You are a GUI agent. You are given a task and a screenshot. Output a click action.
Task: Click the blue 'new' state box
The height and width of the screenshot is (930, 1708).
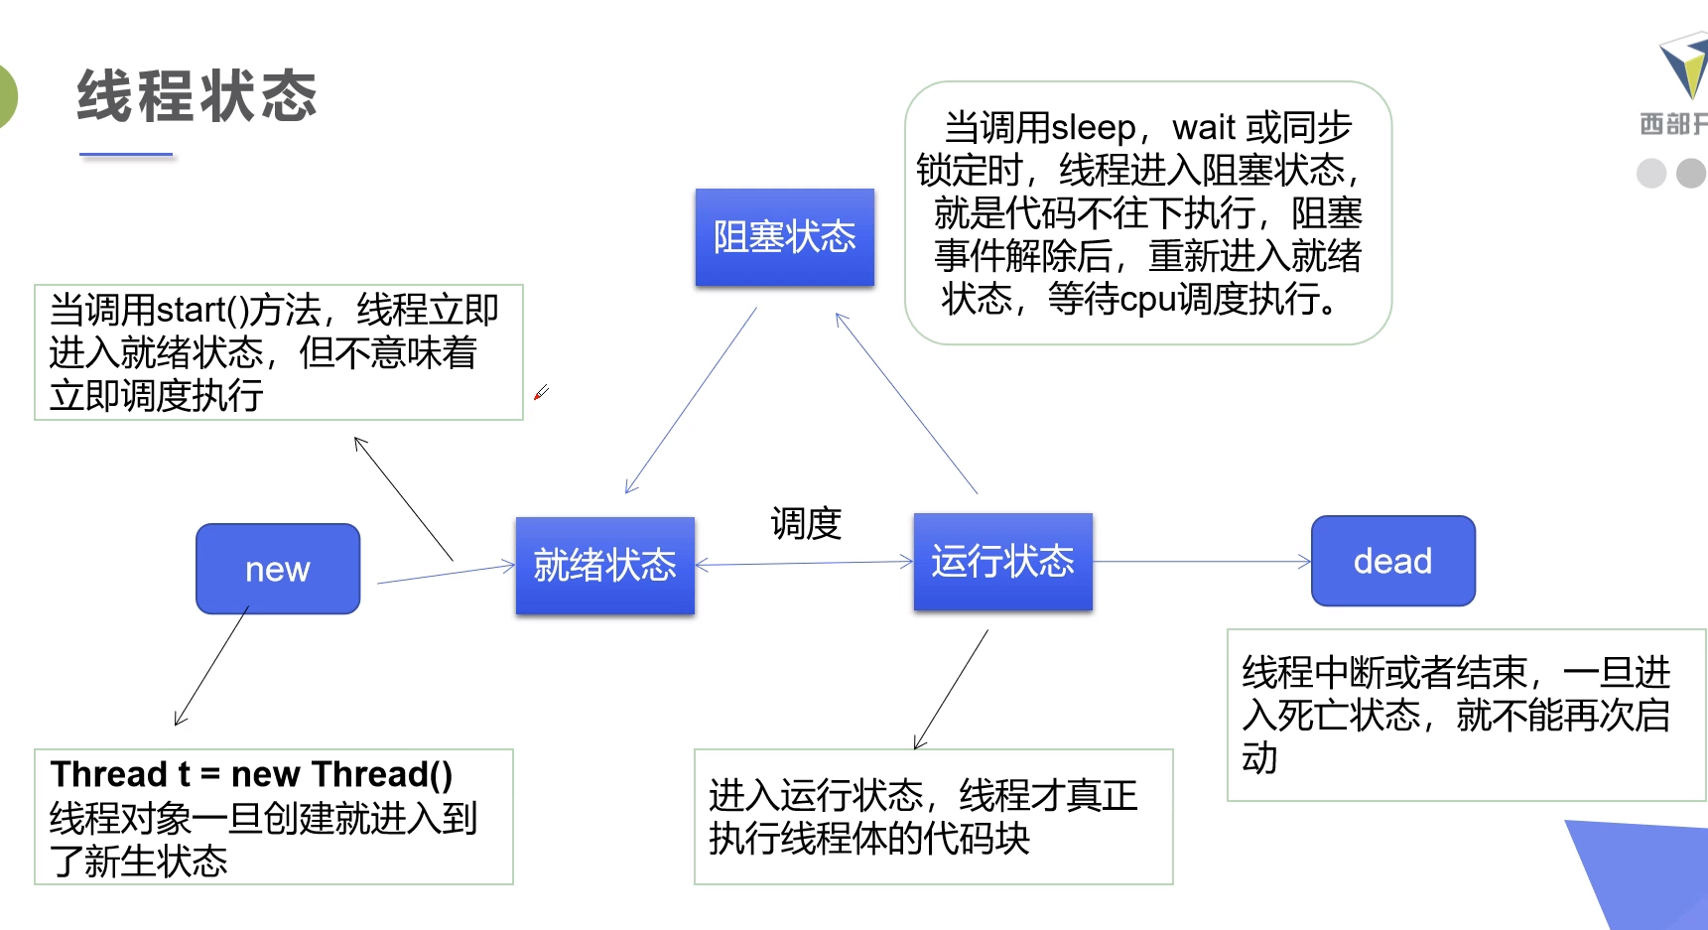(278, 569)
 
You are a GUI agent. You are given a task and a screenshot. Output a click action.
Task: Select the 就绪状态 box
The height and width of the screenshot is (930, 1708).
(604, 565)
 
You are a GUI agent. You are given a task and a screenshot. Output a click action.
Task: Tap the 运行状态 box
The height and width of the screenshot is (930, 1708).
(1002, 561)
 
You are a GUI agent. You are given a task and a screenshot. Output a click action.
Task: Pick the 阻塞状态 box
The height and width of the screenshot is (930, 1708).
(784, 237)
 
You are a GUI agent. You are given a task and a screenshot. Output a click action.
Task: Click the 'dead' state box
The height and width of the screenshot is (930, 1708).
(1392, 561)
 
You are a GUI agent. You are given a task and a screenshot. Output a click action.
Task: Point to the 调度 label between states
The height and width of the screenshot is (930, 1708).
(806, 523)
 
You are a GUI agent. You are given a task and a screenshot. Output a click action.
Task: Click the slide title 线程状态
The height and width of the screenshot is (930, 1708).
(197, 96)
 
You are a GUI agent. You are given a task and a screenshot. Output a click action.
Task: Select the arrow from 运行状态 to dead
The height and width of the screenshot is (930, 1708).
(1201, 562)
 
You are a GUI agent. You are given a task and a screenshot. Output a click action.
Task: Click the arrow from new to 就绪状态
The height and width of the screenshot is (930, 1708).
(447, 574)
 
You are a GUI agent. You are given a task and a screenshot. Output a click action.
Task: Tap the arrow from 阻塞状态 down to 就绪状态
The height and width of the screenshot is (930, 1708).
(691, 400)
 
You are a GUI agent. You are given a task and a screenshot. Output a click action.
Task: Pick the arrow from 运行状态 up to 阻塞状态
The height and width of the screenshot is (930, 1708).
(906, 403)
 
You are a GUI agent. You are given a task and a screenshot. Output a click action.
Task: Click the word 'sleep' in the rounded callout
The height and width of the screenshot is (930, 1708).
(1093, 128)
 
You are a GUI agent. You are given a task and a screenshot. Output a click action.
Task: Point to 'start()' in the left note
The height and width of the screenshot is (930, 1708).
(201, 311)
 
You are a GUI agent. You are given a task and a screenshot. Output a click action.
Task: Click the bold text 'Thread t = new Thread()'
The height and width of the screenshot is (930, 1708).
(252, 774)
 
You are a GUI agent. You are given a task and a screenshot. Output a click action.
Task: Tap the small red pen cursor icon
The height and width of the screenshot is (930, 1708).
(541, 393)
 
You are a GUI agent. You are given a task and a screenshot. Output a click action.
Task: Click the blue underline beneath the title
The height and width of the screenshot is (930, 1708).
(126, 155)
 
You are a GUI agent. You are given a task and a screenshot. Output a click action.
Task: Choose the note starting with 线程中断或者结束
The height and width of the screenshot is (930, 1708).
(1465, 715)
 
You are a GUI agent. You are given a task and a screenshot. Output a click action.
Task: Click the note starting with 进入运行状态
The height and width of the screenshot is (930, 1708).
(933, 816)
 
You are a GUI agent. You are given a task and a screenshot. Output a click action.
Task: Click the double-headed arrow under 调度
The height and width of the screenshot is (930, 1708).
(804, 564)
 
